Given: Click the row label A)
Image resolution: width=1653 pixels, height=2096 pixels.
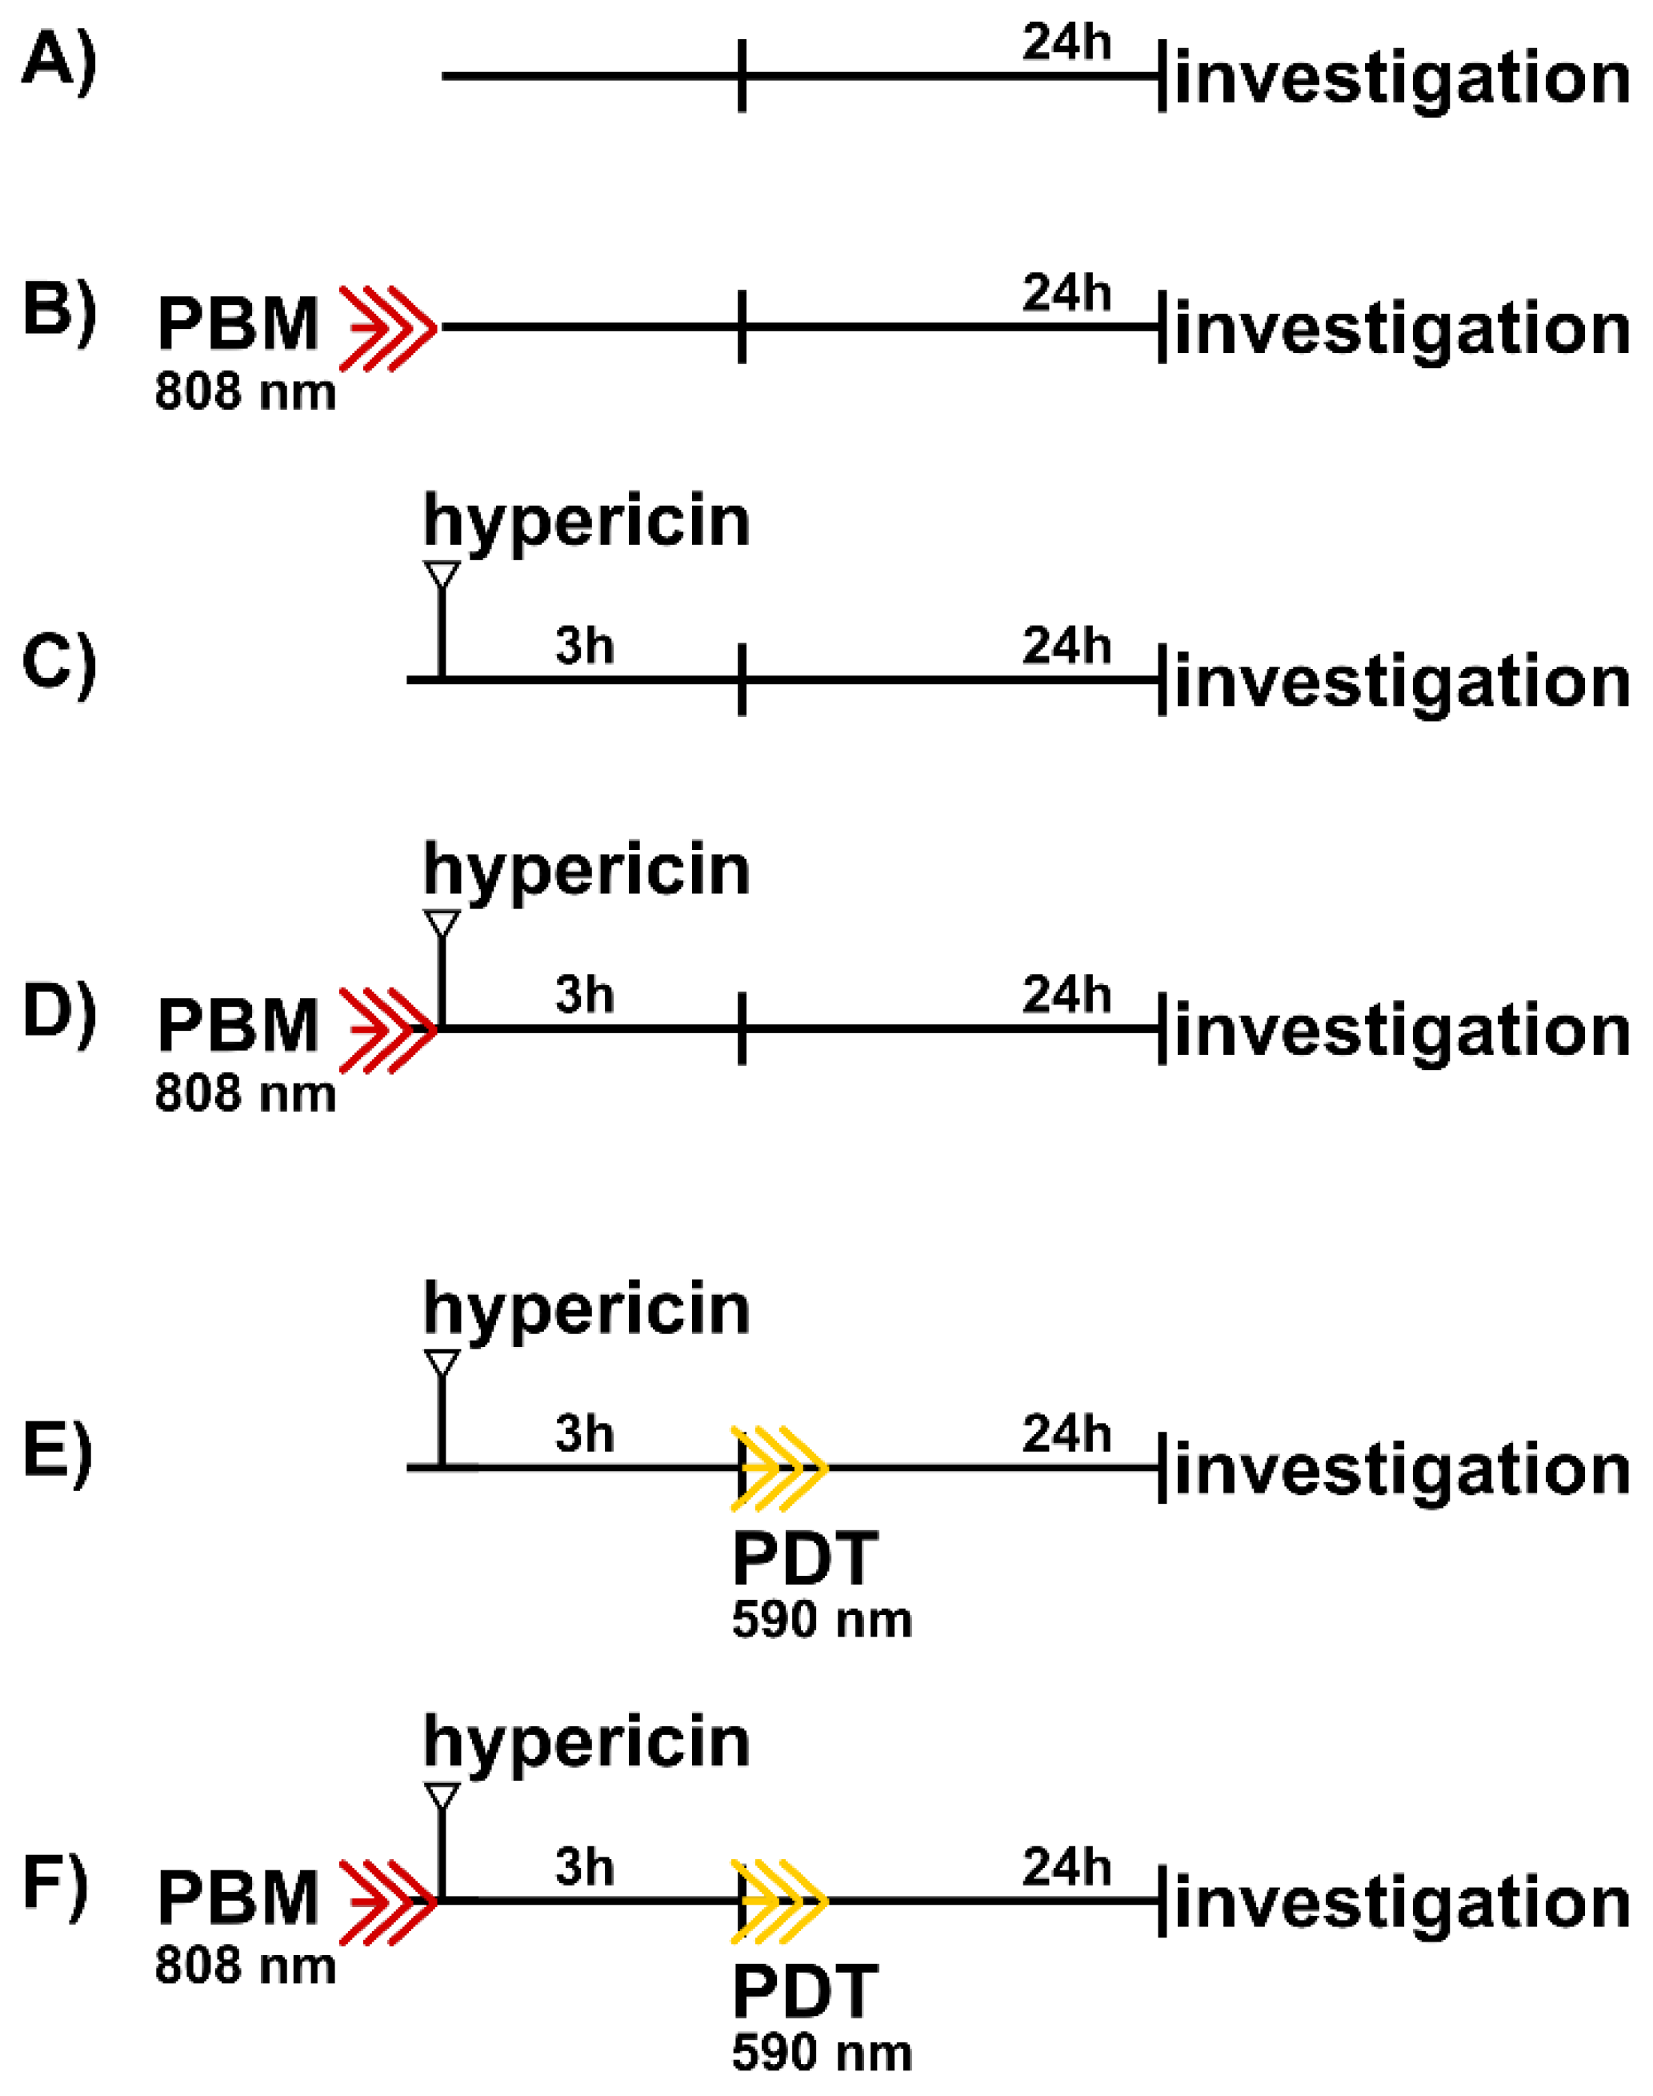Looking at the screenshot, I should click(58, 66).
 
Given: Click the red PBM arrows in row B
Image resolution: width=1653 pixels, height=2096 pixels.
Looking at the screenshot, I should click(388, 328).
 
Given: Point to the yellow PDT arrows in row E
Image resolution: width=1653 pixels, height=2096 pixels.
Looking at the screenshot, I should click(779, 1468).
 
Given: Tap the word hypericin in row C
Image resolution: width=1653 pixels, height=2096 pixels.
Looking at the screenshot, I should click(586, 523).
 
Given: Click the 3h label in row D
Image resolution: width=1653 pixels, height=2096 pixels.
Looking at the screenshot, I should click(585, 994).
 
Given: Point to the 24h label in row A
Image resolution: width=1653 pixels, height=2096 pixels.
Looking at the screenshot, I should click(1066, 42).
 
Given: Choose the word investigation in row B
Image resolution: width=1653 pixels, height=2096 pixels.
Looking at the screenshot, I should click(1403, 331).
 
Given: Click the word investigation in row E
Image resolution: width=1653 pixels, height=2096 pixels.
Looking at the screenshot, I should click(1403, 1471).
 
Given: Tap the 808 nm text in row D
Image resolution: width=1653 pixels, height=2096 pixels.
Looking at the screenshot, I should click(245, 1094).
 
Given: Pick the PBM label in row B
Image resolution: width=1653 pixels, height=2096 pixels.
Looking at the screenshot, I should click(238, 324).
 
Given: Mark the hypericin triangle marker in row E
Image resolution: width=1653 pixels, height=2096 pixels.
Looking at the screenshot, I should click(442, 1363).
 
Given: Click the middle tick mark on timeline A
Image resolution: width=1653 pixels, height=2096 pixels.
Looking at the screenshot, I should click(742, 75).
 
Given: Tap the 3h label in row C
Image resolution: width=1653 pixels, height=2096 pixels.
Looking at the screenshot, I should click(585, 645).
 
